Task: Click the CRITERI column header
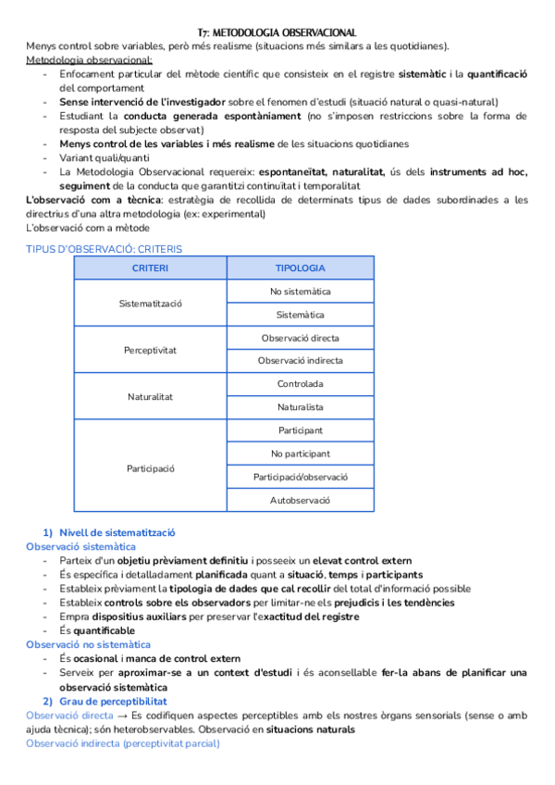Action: (150, 268)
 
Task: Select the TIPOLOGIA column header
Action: (300, 268)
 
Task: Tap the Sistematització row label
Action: (150, 303)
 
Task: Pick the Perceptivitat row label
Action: (150, 350)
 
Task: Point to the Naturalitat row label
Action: (150, 396)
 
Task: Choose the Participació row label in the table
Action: (150, 467)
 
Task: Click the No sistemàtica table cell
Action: (300, 291)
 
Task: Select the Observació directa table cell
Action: (300, 338)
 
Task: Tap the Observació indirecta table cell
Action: (300, 361)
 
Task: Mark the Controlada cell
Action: (300, 384)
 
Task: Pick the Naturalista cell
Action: (300, 407)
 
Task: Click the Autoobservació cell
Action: (300, 501)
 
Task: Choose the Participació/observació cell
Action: (300, 478)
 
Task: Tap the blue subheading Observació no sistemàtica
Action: (88, 644)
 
